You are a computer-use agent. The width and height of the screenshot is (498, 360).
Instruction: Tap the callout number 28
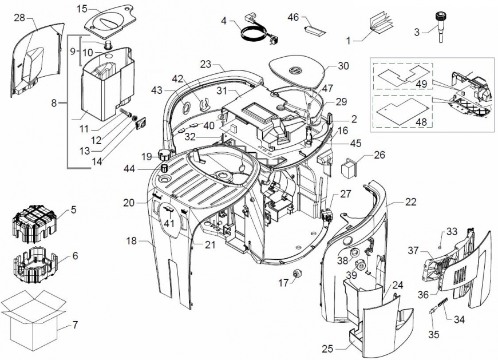19,18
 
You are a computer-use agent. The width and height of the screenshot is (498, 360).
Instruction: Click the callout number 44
129,169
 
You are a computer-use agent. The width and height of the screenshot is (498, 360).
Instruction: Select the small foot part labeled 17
298,272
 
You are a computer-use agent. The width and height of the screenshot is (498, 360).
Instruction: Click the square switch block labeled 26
349,166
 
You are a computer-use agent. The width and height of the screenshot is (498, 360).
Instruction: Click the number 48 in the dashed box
421,122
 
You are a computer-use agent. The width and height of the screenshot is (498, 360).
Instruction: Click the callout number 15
82,9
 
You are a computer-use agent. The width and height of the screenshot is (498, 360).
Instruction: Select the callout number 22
410,201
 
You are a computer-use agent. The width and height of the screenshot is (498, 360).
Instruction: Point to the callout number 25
327,349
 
